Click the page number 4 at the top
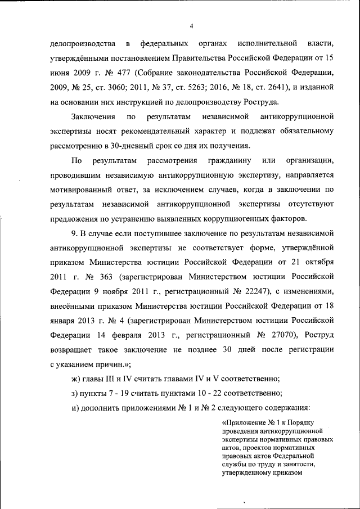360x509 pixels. [191, 26]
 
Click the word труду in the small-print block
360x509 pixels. [260, 465]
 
